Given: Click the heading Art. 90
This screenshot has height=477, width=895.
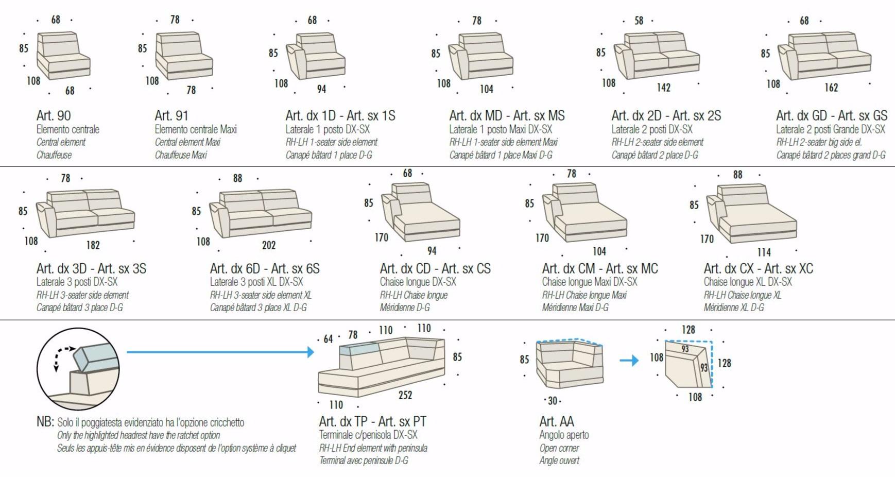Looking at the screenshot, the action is pyautogui.click(x=54, y=115).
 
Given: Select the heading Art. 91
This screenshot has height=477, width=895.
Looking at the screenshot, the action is pyautogui.click(x=171, y=115).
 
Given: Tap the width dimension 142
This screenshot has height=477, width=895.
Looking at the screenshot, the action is pyautogui.click(x=664, y=88).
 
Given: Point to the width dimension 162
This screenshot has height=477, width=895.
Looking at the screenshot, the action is pyautogui.click(x=831, y=88).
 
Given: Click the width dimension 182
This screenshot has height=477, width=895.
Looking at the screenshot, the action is pyautogui.click(x=93, y=245).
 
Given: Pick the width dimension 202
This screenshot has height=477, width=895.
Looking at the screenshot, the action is pyautogui.click(x=269, y=245).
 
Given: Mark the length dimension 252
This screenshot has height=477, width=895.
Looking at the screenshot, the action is pyautogui.click(x=405, y=395).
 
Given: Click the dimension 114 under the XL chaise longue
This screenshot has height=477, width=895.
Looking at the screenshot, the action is pyautogui.click(x=764, y=252).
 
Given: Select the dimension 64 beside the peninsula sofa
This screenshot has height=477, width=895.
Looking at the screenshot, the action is pyautogui.click(x=328, y=339).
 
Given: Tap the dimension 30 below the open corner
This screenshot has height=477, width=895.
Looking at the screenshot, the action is pyautogui.click(x=553, y=400).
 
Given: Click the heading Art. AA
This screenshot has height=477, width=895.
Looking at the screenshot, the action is pyautogui.click(x=557, y=421).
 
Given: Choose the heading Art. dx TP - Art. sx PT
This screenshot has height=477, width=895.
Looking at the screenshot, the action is pyautogui.click(x=373, y=421).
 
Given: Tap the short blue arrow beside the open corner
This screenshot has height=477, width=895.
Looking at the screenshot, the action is pyautogui.click(x=629, y=360).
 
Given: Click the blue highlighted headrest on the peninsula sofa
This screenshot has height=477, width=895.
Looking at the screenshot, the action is pyautogui.click(x=359, y=349).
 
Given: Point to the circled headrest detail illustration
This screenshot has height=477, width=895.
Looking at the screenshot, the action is pyautogui.click(x=78, y=369).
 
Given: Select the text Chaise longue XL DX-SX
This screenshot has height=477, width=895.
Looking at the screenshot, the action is pyautogui.click(x=748, y=282).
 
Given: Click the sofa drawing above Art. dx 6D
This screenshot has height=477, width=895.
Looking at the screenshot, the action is pyautogui.click(x=261, y=214).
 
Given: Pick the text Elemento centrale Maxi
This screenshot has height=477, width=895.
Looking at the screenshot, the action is pyautogui.click(x=196, y=129).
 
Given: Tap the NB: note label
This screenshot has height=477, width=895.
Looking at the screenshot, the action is pyautogui.click(x=45, y=421).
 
